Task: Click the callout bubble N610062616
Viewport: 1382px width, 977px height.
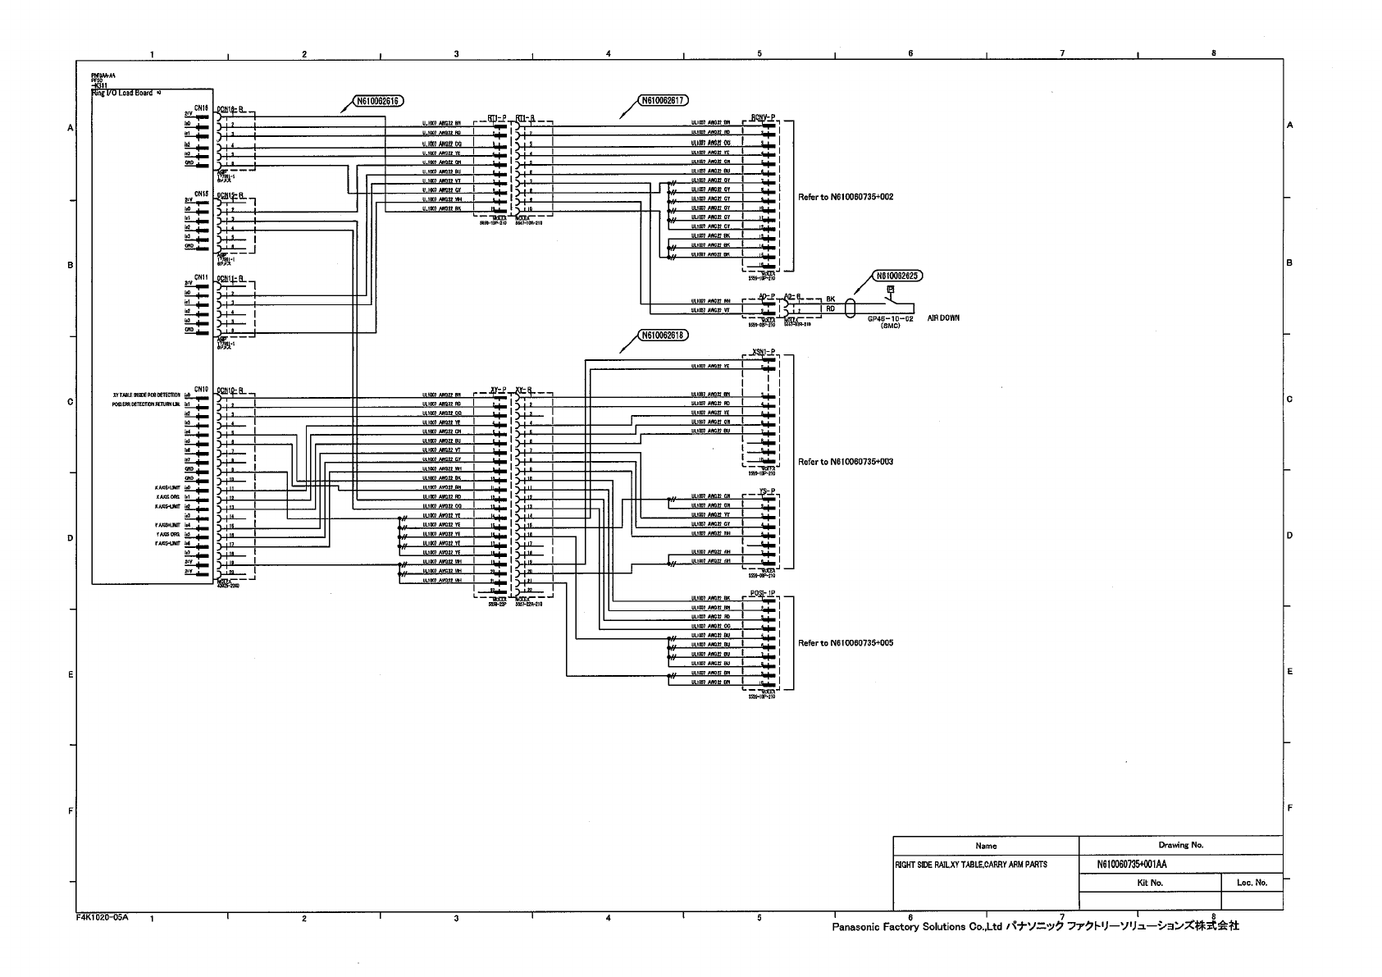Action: click(x=376, y=102)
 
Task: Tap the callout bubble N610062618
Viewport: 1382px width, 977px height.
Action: click(x=664, y=335)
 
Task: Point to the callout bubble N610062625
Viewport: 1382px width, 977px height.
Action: click(x=897, y=276)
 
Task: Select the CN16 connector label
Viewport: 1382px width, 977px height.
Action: click(x=202, y=107)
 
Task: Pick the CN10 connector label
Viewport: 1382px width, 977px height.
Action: click(x=202, y=389)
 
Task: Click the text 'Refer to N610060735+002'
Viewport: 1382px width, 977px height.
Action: click(x=846, y=198)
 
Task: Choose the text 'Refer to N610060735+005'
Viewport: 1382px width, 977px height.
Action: click(x=846, y=643)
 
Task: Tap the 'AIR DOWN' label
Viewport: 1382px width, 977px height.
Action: click(x=943, y=317)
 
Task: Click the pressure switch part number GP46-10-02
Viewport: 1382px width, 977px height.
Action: click(x=890, y=318)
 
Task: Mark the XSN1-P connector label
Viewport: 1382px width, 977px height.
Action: click(x=763, y=353)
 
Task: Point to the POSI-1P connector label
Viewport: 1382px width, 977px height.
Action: click(x=763, y=592)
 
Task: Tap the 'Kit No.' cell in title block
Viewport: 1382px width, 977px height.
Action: click(x=1150, y=883)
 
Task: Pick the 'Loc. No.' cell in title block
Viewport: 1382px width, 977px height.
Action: click(x=1252, y=883)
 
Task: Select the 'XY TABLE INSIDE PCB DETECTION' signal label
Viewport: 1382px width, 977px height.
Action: click(x=146, y=395)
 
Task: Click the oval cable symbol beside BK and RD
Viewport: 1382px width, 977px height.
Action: click(x=850, y=308)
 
